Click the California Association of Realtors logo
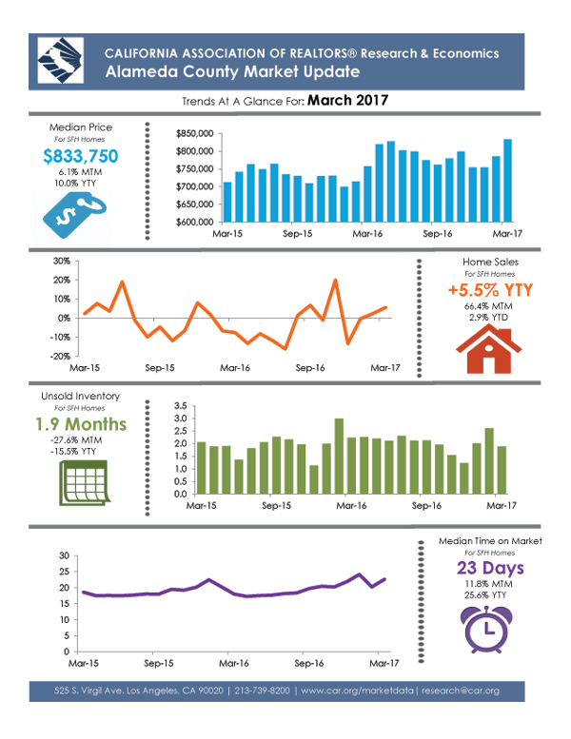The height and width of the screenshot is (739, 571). [x=59, y=61]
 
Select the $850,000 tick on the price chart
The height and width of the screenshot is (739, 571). [x=195, y=134]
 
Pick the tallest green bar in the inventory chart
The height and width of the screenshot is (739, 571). [x=339, y=457]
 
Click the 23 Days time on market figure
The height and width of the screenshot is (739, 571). [x=490, y=569]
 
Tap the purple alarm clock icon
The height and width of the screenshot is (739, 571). [x=488, y=626]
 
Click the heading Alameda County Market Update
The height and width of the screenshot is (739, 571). [x=220, y=71]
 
